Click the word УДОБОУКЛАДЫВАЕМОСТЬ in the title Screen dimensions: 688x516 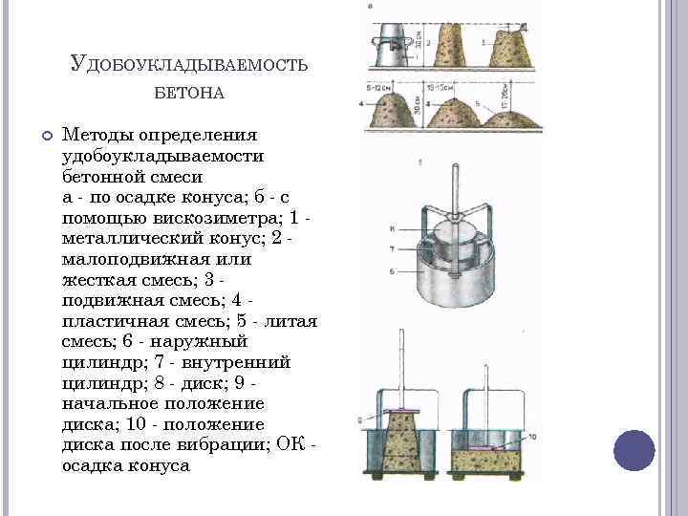(x=188, y=63)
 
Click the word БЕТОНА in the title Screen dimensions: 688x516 (x=188, y=93)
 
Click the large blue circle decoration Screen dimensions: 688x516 (x=634, y=449)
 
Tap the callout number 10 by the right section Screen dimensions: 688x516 (x=531, y=437)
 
